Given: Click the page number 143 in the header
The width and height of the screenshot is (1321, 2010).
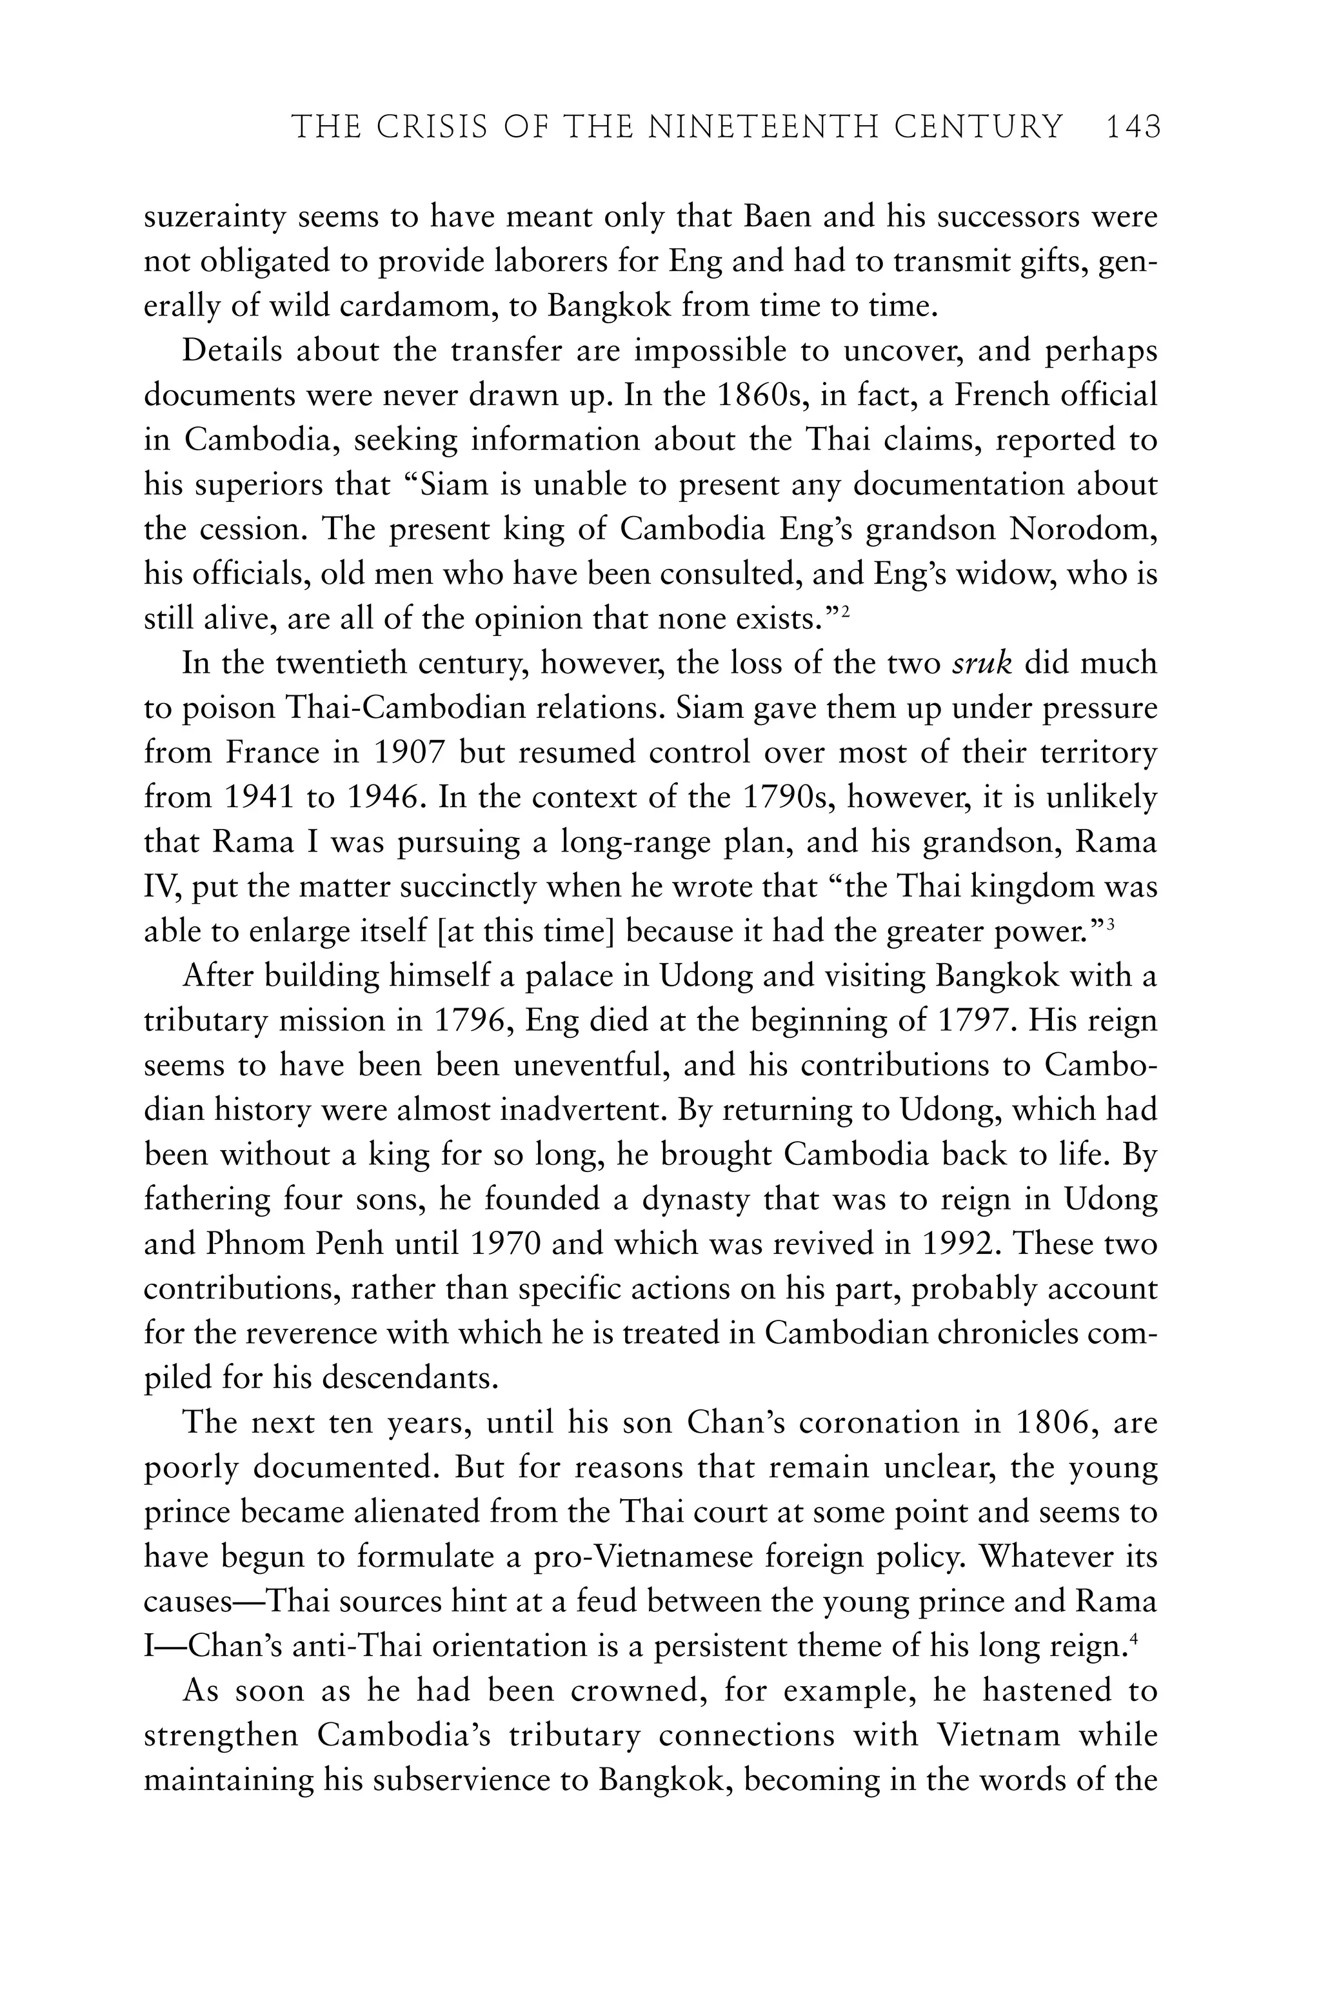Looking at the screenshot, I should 1133,128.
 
